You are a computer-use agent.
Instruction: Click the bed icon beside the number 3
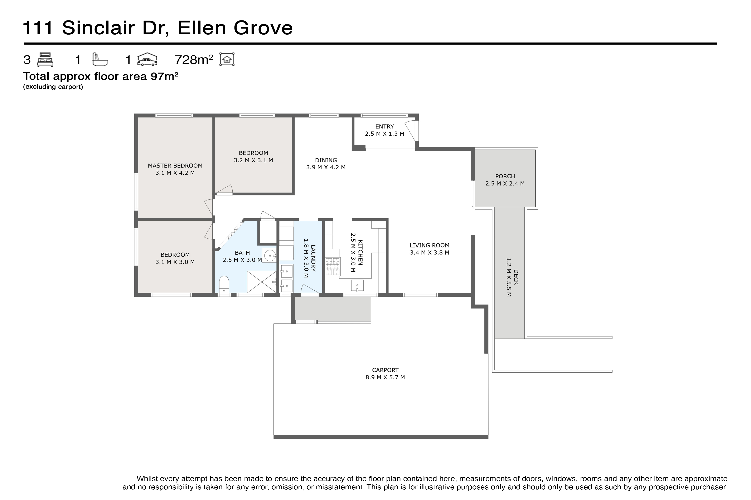pyautogui.click(x=45, y=60)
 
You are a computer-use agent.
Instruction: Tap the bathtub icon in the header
pyautogui.click(x=100, y=60)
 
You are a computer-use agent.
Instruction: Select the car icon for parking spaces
pyautogui.click(x=147, y=60)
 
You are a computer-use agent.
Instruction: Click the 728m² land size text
pyautogui.click(x=194, y=60)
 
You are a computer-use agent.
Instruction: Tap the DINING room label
pyautogui.click(x=326, y=160)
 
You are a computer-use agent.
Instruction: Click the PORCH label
pyautogui.click(x=505, y=176)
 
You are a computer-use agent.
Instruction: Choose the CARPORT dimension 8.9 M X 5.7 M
pyautogui.click(x=385, y=377)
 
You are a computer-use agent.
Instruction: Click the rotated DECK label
pyautogui.click(x=516, y=277)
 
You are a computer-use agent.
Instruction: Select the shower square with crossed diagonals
pyautogui.click(x=262, y=282)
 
